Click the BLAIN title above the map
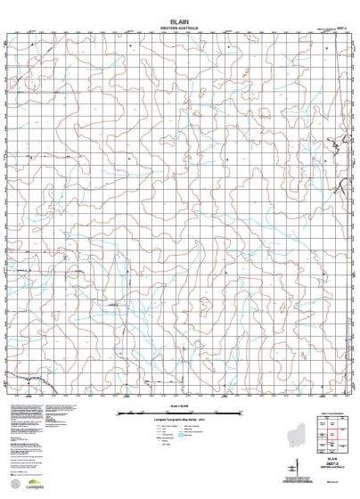(x=180, y=20)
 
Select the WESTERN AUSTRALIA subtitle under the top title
(x=180, y=29)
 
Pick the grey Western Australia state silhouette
(x=294, y=436)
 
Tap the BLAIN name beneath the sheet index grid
(x=333, y=457)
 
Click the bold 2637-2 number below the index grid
(x=333, y=463)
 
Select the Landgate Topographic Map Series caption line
(x=181, y=420)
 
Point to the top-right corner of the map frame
(x=350, y=37)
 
